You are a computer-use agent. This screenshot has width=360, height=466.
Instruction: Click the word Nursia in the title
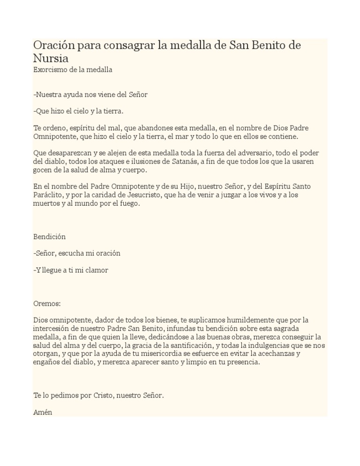(x=51, y=59)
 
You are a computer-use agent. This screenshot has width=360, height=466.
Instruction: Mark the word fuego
(x=129, y=204)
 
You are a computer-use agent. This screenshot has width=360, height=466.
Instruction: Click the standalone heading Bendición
(x=50, y=236)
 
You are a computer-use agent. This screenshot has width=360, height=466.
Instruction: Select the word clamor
(x=97, y=271)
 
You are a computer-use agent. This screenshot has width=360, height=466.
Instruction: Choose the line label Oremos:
(x=47, y=303)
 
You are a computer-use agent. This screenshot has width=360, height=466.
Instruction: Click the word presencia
(x=241, y=362)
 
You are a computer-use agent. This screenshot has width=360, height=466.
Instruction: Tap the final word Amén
(x=43, y=413)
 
